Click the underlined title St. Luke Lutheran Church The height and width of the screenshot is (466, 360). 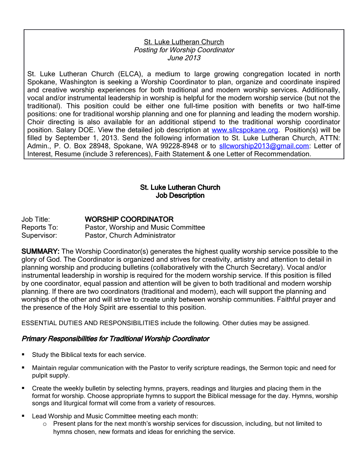[x=184, y=42]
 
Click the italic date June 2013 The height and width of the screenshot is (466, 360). [x=184, y=58]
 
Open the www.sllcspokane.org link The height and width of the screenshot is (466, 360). [x=245, y=130]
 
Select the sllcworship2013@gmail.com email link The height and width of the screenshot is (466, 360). [x=264, y=146]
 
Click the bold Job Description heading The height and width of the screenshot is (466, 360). [x=180, y=196]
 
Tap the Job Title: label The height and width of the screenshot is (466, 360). [x=36, y=220]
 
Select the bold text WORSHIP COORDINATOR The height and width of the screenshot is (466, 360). [x=129, y=220]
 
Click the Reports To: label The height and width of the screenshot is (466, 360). [x=40, y=227]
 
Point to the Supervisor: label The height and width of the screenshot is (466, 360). [x=39, y=235]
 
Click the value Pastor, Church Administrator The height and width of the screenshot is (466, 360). [x=130, y=235]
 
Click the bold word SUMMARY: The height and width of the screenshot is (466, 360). [x=40, y=251]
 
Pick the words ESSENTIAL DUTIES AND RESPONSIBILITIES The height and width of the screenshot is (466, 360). [x=90, y=323]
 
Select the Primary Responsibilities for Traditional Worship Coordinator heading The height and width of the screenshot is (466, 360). [x=115, y=339]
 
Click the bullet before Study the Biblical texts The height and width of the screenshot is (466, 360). [x=23, y=354]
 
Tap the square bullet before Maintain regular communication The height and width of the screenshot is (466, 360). [x=23, y=367]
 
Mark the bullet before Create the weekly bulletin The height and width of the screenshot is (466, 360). [x=23, y=388]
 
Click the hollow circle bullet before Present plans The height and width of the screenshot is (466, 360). [x=45, y=424]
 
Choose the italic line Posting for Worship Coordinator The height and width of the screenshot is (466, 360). [x=184, y=50]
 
